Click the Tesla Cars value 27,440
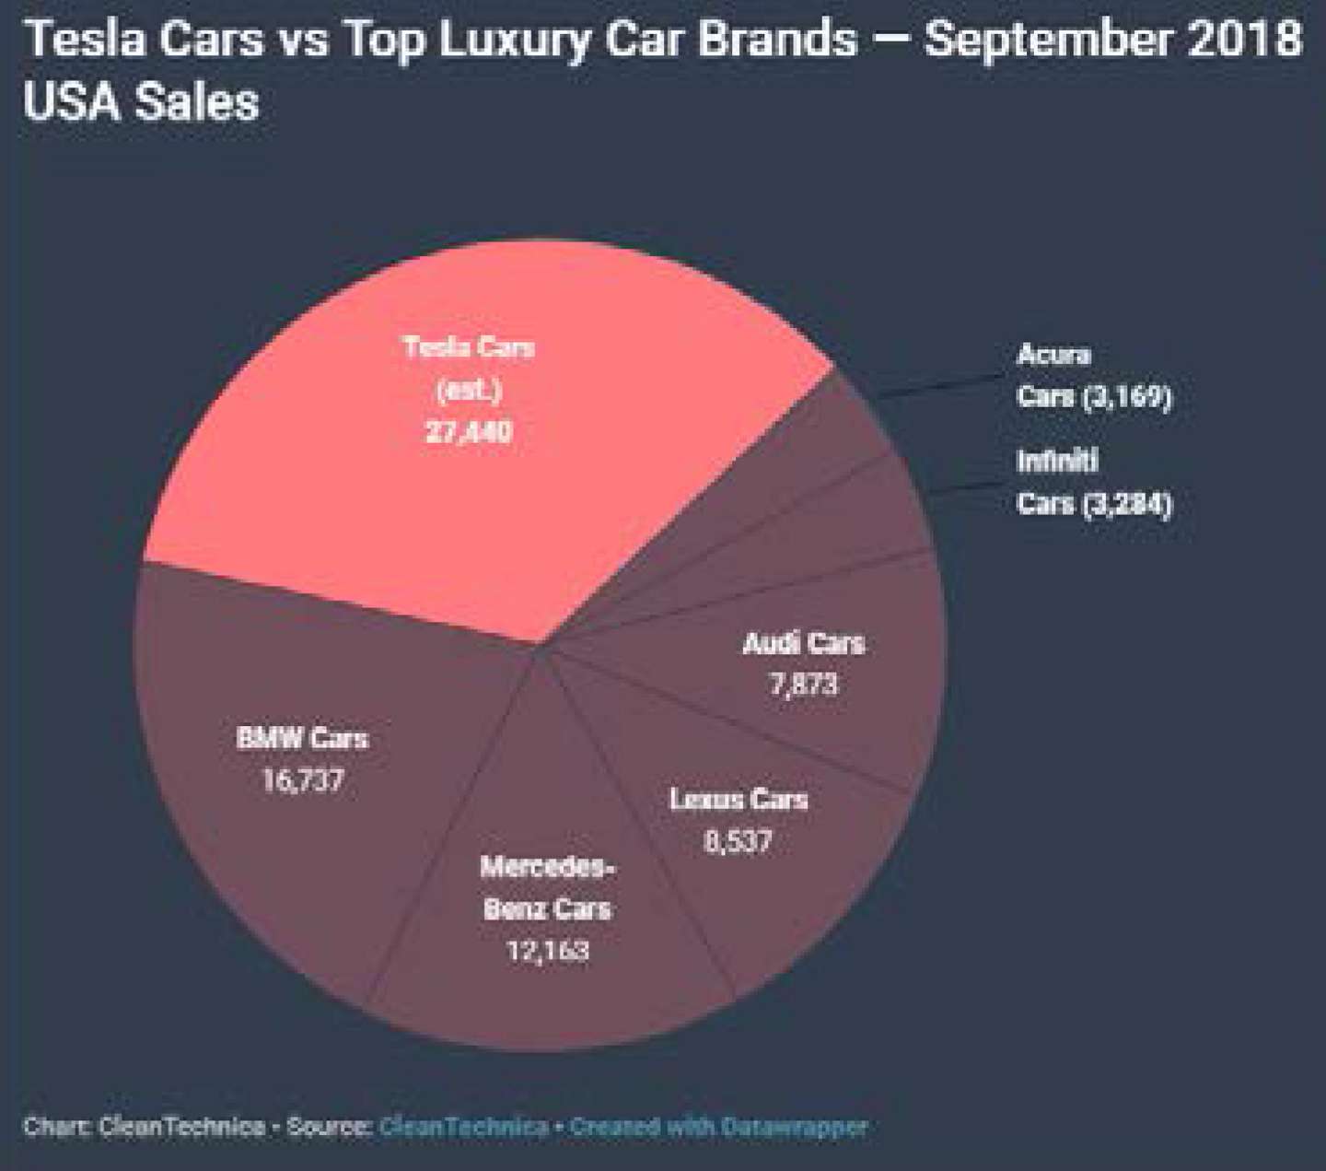coord(469,432)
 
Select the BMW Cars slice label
coord(302,739)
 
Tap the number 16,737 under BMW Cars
coord(303,780)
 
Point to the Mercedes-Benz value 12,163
coord(549,951)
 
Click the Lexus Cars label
coord(739,800)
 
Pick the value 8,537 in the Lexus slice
coord(739,841)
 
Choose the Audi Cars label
coord(804,644)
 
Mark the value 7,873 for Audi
coord(804,685)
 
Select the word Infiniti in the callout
coord(1057,461)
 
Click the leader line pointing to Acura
coord(939,386)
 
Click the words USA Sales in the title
coord(142,102)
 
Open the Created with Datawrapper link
coord(718,1127)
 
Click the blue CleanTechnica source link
coord(464,1127)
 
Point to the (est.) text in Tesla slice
coord(469,391)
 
